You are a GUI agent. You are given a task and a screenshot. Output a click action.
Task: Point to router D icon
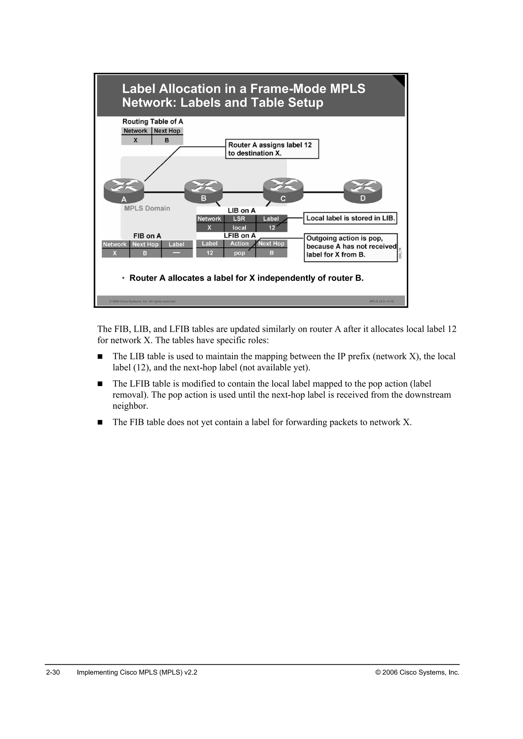pyautogui.click(x=363, y=191)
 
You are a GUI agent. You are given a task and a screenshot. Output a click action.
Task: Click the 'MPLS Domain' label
pyautogui.click(x=147, y=208)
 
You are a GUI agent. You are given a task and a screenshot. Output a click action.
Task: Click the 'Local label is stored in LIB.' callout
pyautogui.click(x=350, y=218)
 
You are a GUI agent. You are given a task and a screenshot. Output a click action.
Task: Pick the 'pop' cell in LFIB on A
pyautogui.click(x=239, y=253)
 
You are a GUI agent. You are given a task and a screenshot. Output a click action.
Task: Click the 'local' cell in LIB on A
pyautogui.click(x=239, y=228)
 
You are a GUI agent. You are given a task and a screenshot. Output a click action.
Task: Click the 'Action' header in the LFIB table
pyautogui.click(x=239, y=244)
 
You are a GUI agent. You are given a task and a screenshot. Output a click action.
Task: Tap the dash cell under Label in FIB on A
pyautogui.click(x=176, y=253)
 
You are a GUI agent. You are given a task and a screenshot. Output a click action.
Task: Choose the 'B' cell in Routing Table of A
pyautogui.click(x=167, y=140)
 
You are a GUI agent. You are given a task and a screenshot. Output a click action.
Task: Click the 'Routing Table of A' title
pyautogui.click(x=153, y=122)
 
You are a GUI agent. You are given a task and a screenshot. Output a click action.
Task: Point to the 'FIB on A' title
pyautogui.click(x=147, y=236)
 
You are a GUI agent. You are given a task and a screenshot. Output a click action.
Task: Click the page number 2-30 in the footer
pyautogui.click(x=53, y=672)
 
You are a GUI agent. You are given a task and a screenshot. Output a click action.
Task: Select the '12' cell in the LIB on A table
pyautogui.click(x=272, y=228)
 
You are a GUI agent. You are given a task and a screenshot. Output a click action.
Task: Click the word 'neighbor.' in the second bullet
pyautogui.click(x=130, y=406)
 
